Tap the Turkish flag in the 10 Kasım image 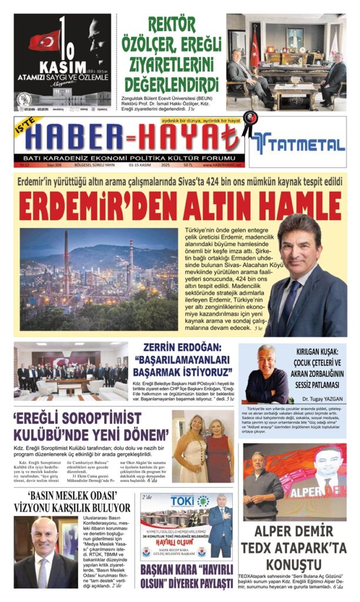point(45,40)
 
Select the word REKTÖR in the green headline point(172,25)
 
